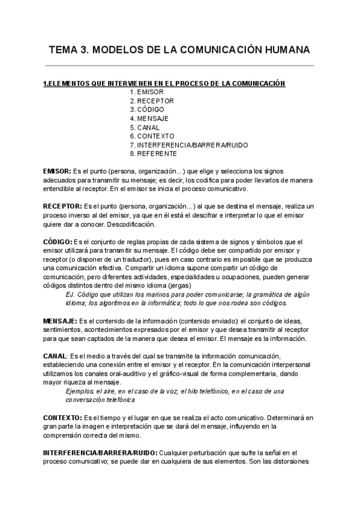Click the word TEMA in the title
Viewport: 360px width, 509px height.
pos(64,49)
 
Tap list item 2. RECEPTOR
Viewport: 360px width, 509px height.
pos(152,101)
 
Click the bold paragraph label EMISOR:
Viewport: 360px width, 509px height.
pos(58,171)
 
